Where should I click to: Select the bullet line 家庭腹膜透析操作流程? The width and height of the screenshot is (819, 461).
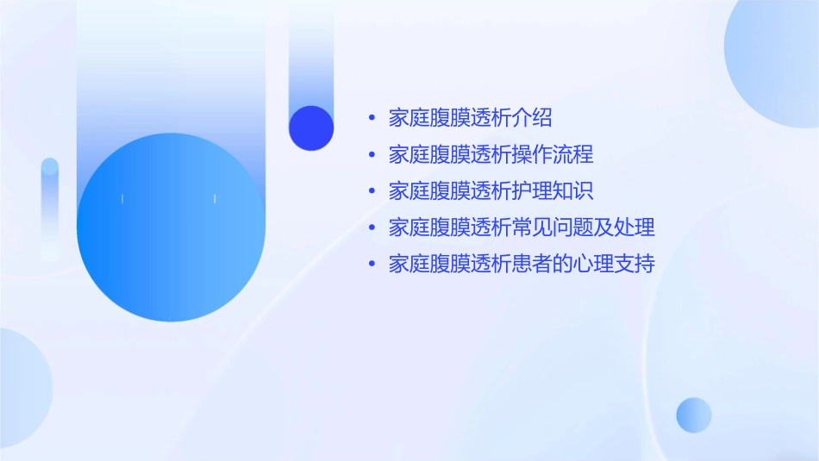(491, 155)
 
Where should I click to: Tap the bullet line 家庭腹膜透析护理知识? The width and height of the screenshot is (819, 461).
(491, 191)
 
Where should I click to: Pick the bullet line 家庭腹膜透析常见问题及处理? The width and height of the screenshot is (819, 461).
(522, 227)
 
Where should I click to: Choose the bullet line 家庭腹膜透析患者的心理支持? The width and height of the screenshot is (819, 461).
(522, 264)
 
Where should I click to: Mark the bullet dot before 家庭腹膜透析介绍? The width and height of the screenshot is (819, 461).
(372, 118)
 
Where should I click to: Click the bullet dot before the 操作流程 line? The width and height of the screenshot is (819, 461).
(372, 155)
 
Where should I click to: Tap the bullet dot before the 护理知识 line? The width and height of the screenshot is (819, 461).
(372, 191)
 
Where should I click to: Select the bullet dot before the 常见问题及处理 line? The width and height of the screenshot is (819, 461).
(372, 227)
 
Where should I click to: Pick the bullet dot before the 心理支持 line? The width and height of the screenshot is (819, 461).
(372, 264)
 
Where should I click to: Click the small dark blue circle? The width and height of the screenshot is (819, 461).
(311, 128)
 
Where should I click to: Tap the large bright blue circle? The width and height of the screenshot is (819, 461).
(171, 227)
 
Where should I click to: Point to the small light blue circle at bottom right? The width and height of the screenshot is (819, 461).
(694, 414)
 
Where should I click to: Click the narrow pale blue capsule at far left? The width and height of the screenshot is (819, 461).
(50, 207)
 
